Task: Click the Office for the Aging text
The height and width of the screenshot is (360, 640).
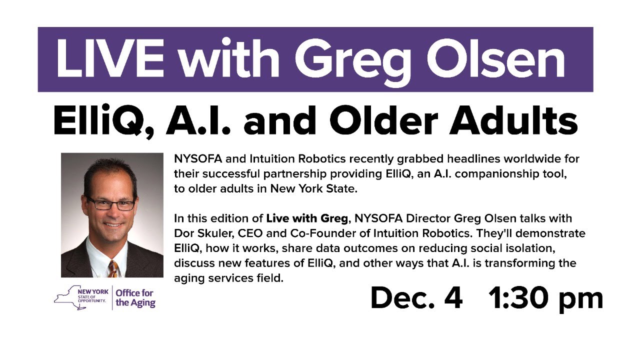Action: (135, 297)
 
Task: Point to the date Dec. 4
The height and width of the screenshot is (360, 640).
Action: (416, 298)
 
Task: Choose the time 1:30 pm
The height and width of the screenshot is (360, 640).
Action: (545, 298)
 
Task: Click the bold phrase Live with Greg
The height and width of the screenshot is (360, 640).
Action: (306, 218)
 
